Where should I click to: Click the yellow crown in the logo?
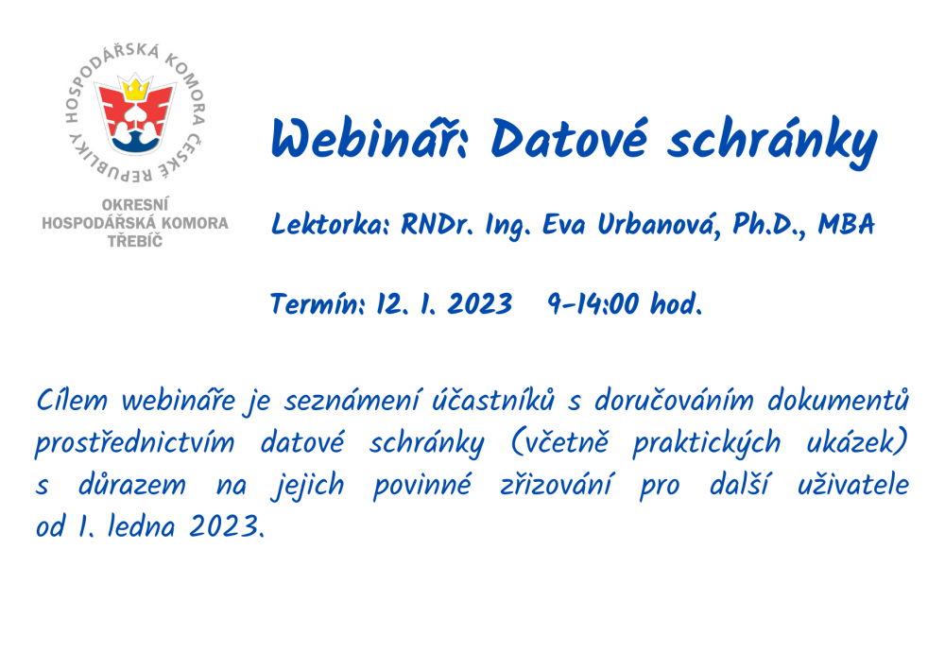point(135,89)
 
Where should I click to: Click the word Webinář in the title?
point(369,138)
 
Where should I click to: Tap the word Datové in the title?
point(570,138)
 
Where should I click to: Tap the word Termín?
point(318,303)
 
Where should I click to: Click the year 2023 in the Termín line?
point(480,303)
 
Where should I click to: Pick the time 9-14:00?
point(593,303)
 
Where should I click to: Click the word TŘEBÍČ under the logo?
point(135,241)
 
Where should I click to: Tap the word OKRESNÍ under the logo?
point(135,205)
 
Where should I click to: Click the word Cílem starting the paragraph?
point(72,401)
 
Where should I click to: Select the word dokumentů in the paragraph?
point(837,401)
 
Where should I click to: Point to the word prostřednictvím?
point(134,444)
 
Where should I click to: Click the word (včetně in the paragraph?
point(559,443)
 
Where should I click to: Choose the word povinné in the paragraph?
point(421,486)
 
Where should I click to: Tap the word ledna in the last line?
point(141,527)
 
